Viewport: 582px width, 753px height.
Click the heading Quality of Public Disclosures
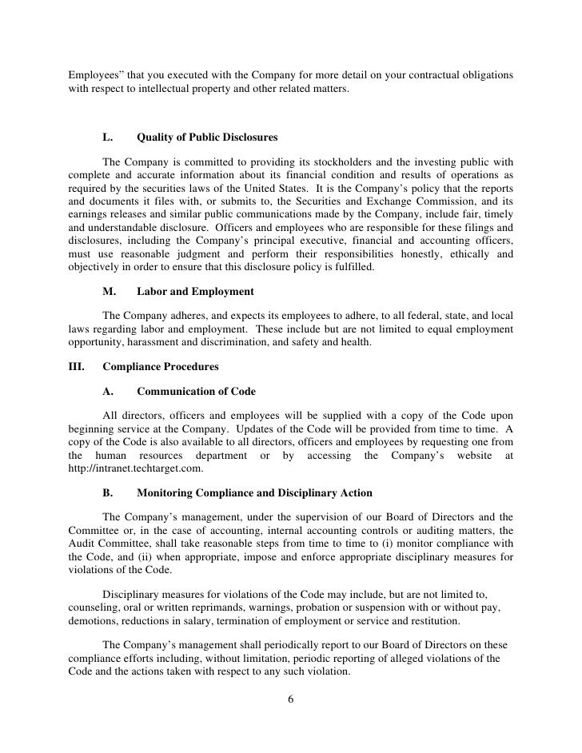click(207, 137)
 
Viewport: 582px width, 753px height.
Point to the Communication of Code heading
click(196, 392)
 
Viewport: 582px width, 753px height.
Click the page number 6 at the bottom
click(290, 700)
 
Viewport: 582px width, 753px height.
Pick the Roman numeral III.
click(78, 367)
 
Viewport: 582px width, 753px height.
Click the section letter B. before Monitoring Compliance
click(108, 492)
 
